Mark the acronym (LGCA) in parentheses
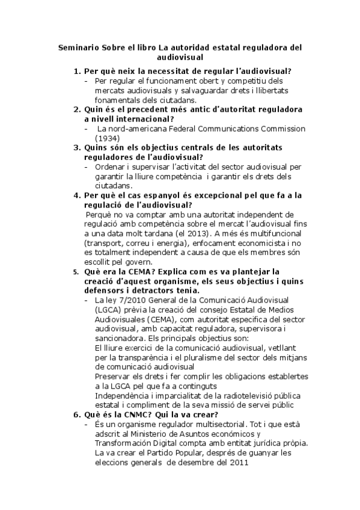click(109, 310)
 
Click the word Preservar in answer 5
click(114, 376)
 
